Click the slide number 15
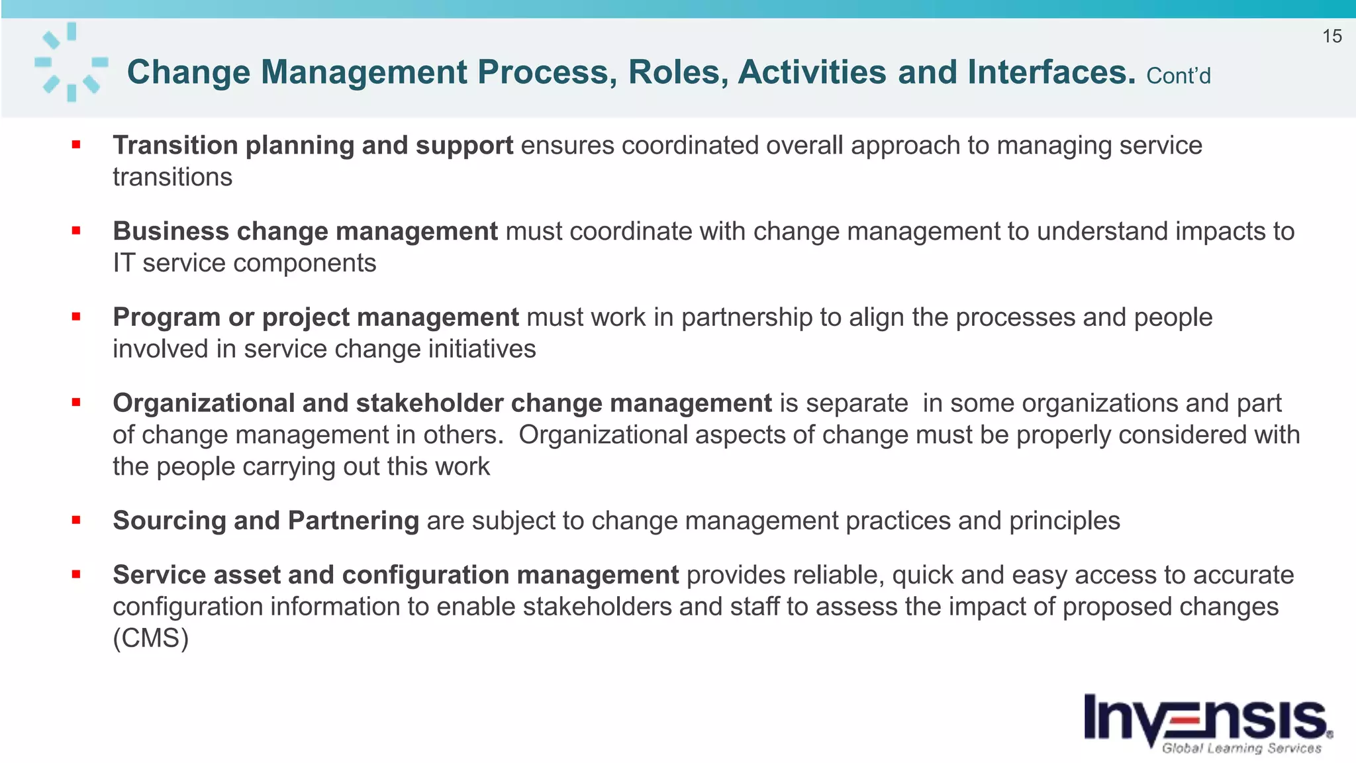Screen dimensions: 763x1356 pyautogui.click(x=1332, y=36)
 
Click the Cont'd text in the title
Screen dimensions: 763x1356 pyautogui.click(x=1178, y=76)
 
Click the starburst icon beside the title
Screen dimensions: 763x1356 pyautogui.click(x=72, y=62)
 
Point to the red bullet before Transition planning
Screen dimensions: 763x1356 pyautogui.click(x=76, y=144)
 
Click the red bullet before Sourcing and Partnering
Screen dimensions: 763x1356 pyautogui.click(x=76, y=521)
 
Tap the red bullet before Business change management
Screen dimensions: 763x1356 pyautogui.click(x=76, y=230)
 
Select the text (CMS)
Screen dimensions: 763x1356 pyautogui.click(x=151, y=638)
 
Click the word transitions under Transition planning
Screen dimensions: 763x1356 pyautogui.click(x=172, y=178)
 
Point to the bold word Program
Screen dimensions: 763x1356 pyautogui.click(x=166, y=318)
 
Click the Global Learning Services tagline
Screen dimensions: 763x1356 pyautogui.click(x=1241, y=748)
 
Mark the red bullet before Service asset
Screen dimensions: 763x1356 pyautogui.click(x=76, y=575)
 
